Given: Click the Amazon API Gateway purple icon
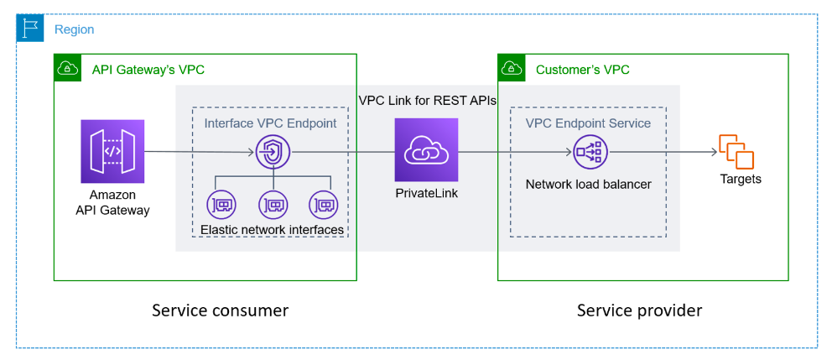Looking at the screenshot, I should pyautogui.click(x=112, y=151).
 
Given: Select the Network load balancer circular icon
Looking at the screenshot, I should pyautogui.click(x=590, y=152).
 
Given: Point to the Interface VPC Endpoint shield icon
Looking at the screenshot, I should pyautogui.click(x=273, y=152).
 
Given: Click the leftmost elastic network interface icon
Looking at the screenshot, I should pyautogui.click(x=221, y=204).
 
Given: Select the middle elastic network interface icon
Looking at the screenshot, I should pyautogui.click(x=273, y=204).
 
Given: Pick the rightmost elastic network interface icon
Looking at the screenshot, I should pyautogui.click(x=324, y=204).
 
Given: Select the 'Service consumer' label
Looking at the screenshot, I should pyautogui.click(x=220, y=310).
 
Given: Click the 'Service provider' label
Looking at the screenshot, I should pyautogui.click(x=639, y=310).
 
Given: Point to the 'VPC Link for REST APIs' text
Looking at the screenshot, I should pyautogui.click(x=428, y=100).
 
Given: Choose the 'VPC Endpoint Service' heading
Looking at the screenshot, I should pyautogui.click(x=588, y=123).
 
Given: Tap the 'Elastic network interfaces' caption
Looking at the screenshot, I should pyautogui.click(x=273, y=229).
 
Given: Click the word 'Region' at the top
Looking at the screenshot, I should pyautogui.click(x=74, y=29).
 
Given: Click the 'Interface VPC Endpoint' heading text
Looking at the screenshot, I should pyautogui.click(x=270, y=123).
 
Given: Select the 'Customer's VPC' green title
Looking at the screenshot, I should pyautogui.click(x=582, y=70).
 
